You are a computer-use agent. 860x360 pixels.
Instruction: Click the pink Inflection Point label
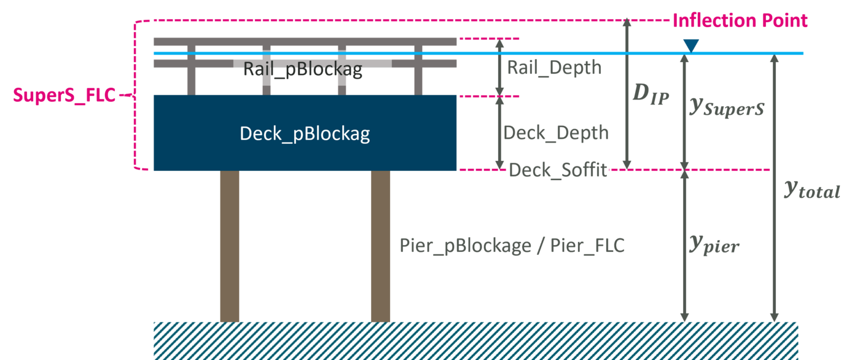click(740, 20)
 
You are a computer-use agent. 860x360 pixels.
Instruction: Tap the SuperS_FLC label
click(64, 96)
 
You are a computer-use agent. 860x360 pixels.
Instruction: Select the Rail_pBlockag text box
click(312, 68)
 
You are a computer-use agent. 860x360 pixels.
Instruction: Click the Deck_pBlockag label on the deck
click(305, 133)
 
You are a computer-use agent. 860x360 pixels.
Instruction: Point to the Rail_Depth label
click(554, 68)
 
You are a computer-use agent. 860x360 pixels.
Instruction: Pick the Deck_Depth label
click(556, 133)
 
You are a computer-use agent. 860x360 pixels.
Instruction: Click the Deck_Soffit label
click(558, 170)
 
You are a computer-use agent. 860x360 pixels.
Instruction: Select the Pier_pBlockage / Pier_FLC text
click(512, 246)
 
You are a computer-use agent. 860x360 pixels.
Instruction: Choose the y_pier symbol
click(713, 246)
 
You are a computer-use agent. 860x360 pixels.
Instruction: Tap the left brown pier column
click(229, 246)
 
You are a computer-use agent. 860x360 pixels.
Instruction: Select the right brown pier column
click(380, 246)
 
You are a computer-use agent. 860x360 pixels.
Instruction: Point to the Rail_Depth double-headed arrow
click(499, 67)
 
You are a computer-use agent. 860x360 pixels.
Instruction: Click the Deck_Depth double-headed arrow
click(499, 133)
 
